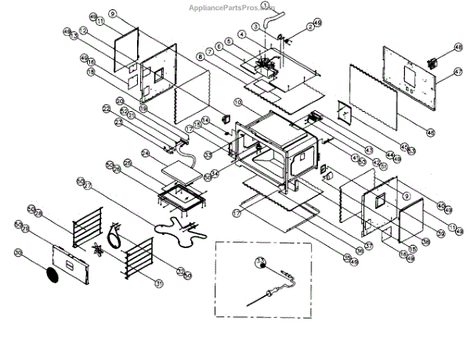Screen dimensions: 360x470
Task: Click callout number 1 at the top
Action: pos(265,5)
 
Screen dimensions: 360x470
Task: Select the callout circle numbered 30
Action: pos(18,252)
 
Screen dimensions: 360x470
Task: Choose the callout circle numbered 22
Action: pos(107,107)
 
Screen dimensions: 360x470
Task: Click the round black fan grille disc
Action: pos(52,275)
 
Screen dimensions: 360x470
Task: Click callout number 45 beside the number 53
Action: pos(404,146)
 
